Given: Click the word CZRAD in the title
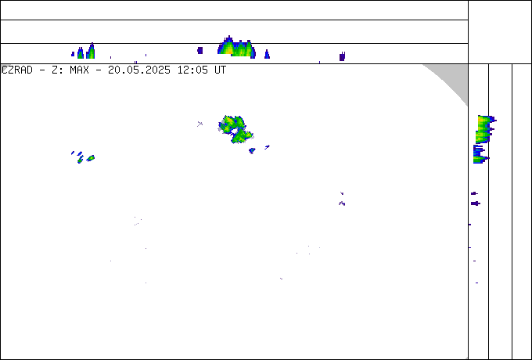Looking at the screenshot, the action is tap(17, 70).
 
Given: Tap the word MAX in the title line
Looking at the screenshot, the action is tap(79, 70).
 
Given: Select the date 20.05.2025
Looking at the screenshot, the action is tap(139, 70).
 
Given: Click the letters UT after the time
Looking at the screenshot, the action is tap(220, 70).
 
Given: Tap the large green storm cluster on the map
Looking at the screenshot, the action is tap(235, 129).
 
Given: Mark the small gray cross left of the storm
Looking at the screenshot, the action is tap(199, 124).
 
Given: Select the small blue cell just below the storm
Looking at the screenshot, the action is tap(252, 150).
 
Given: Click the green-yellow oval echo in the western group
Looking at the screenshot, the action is tap(91, 158).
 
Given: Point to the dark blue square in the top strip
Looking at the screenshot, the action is tap(199, 51).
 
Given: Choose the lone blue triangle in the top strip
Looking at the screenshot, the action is tap(267, 54).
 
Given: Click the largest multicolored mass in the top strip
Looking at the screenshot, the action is tap(236, 48).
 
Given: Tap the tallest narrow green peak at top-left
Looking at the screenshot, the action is tap(91, 51).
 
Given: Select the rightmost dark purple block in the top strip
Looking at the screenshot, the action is tap(342, 56).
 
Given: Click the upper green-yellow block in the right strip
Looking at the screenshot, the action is tap(484, 129).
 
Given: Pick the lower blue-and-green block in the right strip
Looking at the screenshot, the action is tap(480, 154).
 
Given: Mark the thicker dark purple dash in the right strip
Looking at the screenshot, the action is tap(476, 203).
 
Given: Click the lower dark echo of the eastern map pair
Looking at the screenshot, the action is tap(342, 203).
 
